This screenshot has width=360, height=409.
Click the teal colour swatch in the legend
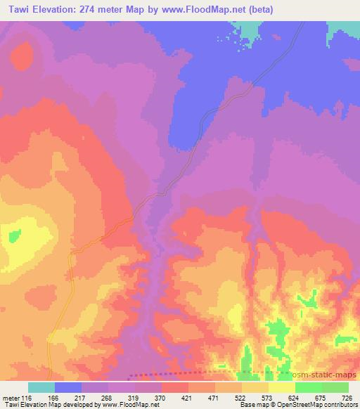(41, 388)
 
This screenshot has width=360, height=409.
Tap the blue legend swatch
(68, 388)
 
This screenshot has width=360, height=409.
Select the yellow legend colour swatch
(282, 388)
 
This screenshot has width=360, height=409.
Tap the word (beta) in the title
(258, 10)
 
